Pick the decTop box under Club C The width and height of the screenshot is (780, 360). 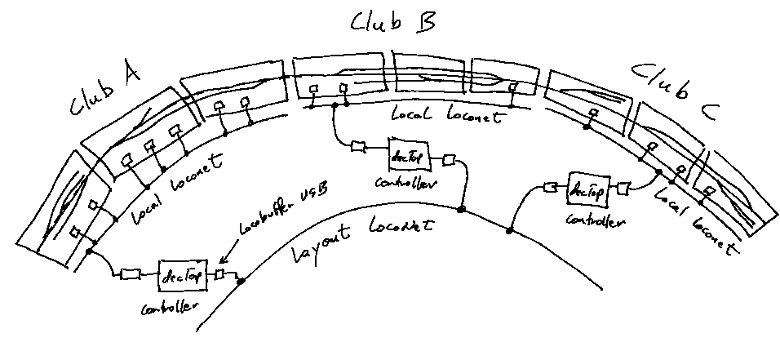pyautogui.click(x=587, y=190)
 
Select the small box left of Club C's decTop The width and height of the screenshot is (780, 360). pyautogui.click(x=550, y=188)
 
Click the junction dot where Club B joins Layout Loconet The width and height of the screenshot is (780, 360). pyautogui.click(x=461, y=210)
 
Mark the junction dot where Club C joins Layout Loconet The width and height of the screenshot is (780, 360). pyautogui.click(x=512, y=231)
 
